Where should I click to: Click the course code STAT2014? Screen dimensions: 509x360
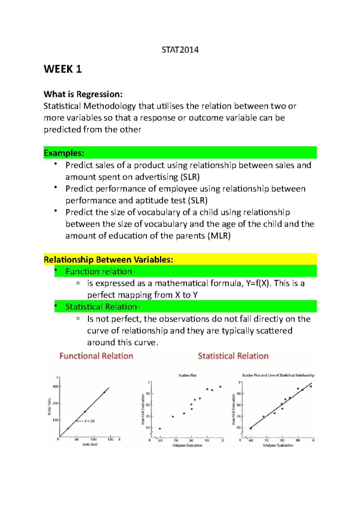tap(180, 50)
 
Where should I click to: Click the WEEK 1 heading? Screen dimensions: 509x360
tap(63, 69)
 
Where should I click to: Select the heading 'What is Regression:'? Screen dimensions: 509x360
tap(83, 94)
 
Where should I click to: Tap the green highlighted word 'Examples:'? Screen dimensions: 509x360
tap(64, 153)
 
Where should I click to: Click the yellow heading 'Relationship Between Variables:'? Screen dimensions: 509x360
tap(108, 260)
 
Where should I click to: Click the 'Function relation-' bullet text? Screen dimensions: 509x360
tap(100, 272)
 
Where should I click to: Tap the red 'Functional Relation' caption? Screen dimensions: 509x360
tap(96, 356)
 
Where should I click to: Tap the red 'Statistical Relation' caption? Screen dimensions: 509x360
tap(233, 356)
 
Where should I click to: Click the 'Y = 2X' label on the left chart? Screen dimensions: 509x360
tap(89, 421)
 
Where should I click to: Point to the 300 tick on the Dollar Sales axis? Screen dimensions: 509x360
tap(55, 387)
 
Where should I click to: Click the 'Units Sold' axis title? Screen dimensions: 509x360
tap(90, 445)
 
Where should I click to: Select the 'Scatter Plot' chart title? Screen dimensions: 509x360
tap(187, 375)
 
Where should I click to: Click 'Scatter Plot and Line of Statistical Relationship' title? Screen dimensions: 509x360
tap(278, 375)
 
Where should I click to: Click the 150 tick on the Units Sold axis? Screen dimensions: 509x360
tap(110, 439)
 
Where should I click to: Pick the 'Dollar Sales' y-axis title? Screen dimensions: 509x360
tap(49, 407)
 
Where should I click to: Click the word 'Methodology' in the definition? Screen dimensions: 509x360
tap(110, 106)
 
